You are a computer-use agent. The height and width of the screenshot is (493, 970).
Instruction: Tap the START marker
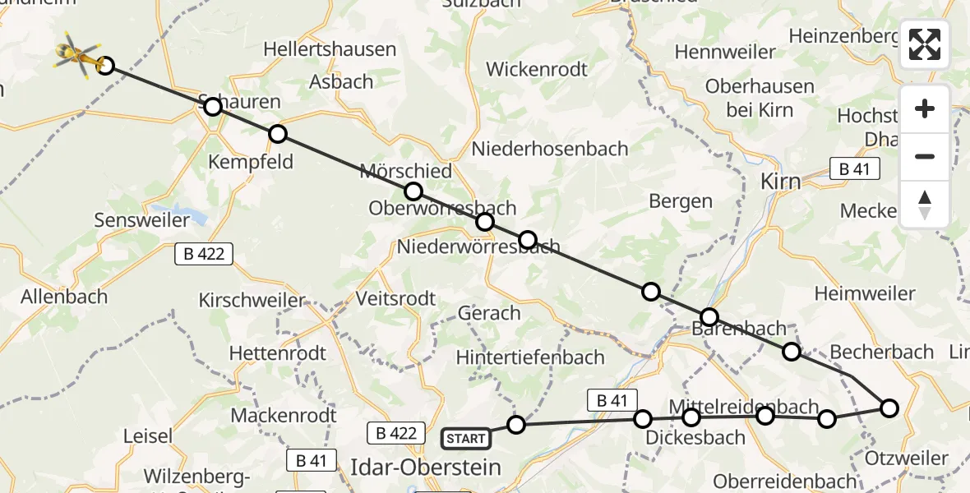coord(466,439)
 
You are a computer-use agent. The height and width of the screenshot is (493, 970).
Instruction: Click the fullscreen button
coord(925,44)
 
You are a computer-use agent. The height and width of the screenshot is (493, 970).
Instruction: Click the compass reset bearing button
coord(925,205)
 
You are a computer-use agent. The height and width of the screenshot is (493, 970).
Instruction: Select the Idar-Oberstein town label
coord(425,468)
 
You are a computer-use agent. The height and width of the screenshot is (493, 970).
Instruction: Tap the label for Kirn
coord(781,182)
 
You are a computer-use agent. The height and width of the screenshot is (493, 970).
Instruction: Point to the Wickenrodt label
coord(537,69)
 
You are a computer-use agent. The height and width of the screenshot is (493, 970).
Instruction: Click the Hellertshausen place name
coord(330,49)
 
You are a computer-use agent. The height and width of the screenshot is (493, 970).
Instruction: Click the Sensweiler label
coord(142,220)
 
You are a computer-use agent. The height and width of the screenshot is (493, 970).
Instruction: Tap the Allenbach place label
coord(64,297)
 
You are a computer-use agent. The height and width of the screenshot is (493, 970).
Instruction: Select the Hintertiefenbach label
coord(530,357)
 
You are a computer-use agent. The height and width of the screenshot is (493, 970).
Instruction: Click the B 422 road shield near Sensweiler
coord(204,254)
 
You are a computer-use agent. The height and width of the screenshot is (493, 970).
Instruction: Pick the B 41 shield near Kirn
coord(854,169)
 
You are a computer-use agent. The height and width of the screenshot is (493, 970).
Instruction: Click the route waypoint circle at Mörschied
coord(413,191)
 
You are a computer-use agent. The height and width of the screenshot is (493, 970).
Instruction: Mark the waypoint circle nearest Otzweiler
coord(889,408)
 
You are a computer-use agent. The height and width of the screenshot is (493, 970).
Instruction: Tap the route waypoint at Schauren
coord(213,106)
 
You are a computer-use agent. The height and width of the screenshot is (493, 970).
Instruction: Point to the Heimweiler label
coord(864,293)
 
